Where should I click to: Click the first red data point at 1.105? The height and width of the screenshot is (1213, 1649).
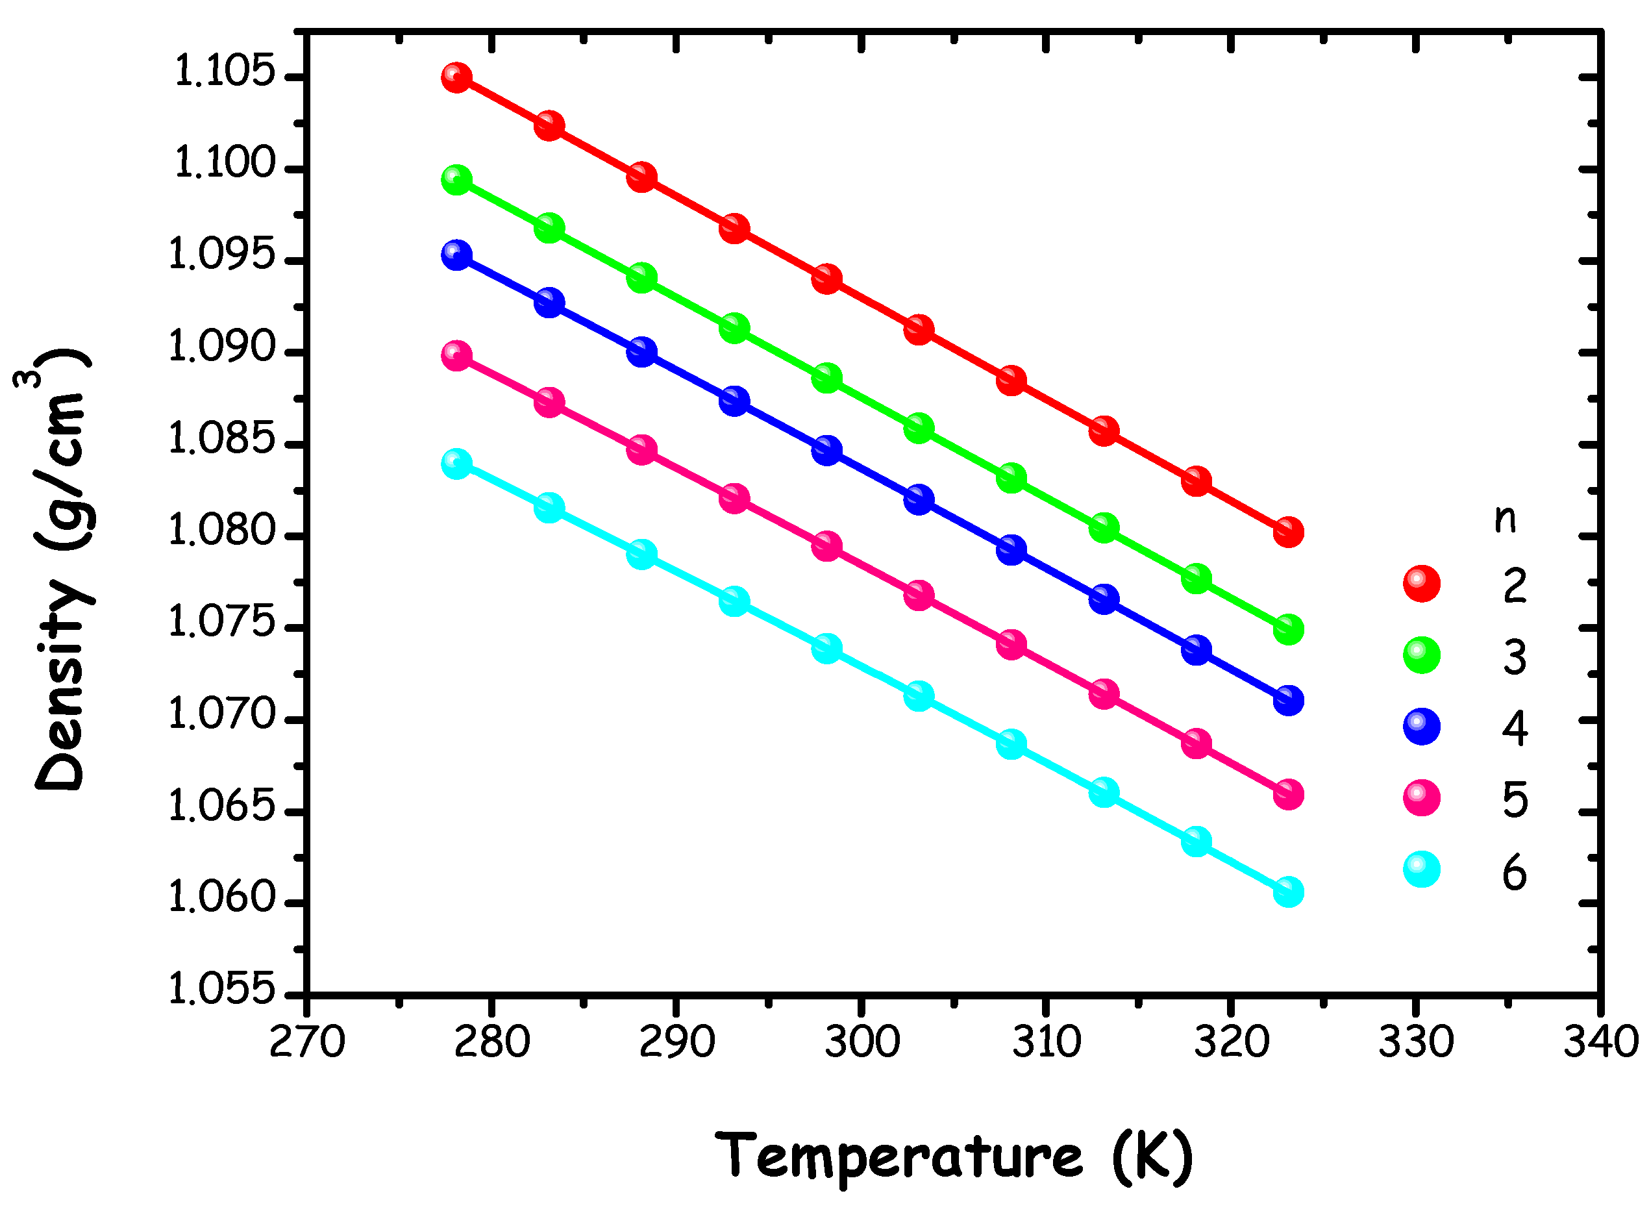coord(456,77)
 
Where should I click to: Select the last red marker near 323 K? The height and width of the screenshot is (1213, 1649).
coord(1288,531)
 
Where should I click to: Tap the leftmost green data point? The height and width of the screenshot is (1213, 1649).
coord(456,180)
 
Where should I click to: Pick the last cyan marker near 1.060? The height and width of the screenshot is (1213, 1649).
coord(1288,892)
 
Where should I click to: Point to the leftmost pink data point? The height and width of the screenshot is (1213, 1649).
coord(456,356)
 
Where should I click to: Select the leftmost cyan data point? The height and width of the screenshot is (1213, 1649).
coord(456,464)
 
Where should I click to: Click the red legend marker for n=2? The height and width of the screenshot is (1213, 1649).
coord(1421,584)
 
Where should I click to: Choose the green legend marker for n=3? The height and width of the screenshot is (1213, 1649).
coord(1421,655)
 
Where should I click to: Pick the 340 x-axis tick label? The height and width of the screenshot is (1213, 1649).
coord(1600,1041)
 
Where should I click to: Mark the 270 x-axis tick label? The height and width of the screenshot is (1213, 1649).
coord(307,1041)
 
